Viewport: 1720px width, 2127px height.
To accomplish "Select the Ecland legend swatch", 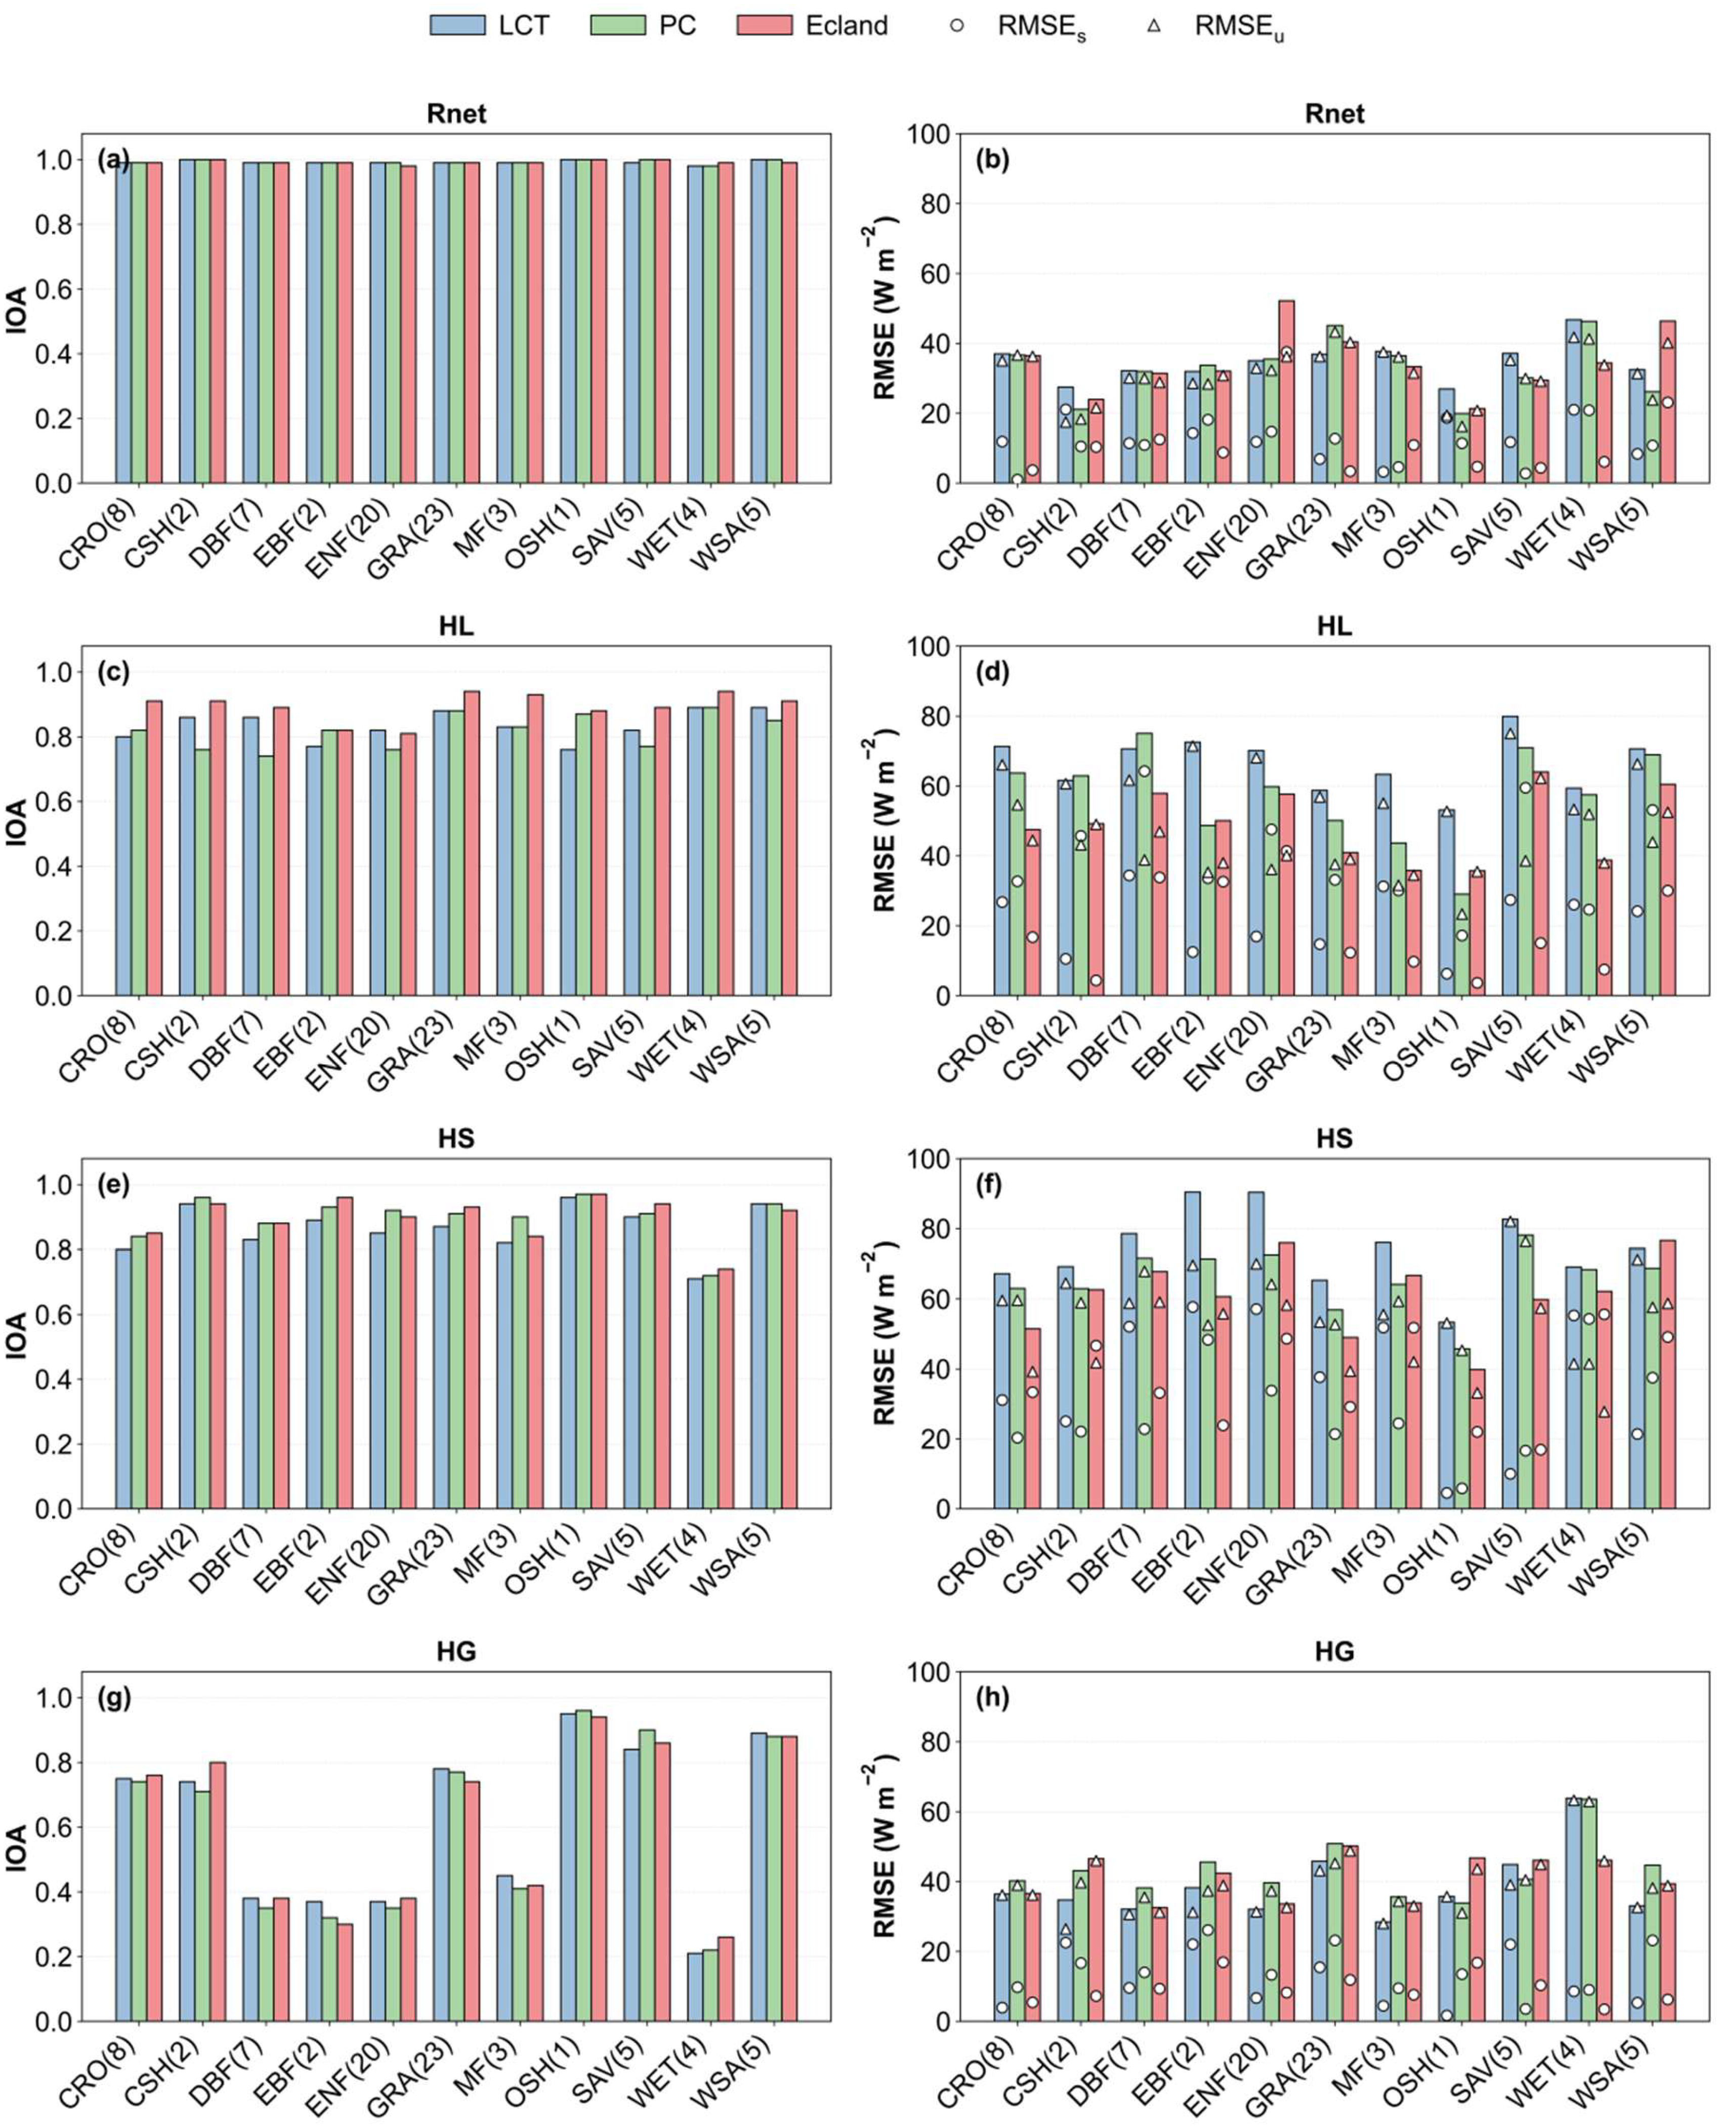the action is pos(764,26).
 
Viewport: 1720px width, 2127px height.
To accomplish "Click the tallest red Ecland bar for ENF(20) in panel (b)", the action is pos(1286,392).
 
